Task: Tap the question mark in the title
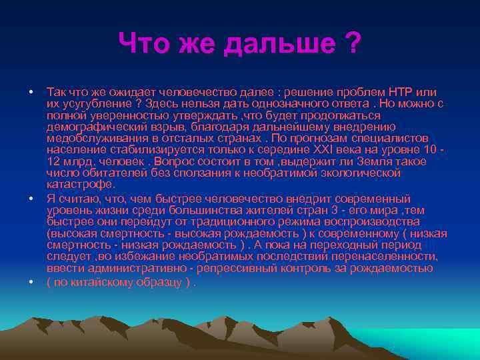click(x=353, y=45)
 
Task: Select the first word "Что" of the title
click(x=143, y=45)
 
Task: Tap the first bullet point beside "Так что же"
click(x=31, y=91)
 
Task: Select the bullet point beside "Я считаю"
click(x=31, y=199)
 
